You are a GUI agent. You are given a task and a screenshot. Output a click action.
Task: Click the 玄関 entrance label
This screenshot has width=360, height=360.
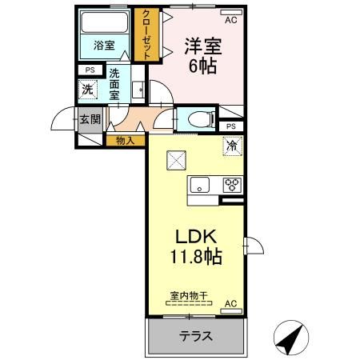(89, 120)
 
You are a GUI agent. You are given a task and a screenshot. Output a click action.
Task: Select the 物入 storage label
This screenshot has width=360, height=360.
(126, 141)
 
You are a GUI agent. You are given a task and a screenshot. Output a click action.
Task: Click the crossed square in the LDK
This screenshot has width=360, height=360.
(176, 161)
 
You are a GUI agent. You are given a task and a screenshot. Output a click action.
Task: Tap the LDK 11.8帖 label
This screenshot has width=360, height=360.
(195, 248)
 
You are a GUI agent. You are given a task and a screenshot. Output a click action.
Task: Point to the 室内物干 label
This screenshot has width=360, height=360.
(189, 296)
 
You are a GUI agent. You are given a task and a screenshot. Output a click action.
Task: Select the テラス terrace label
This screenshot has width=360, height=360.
(195, 336)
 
